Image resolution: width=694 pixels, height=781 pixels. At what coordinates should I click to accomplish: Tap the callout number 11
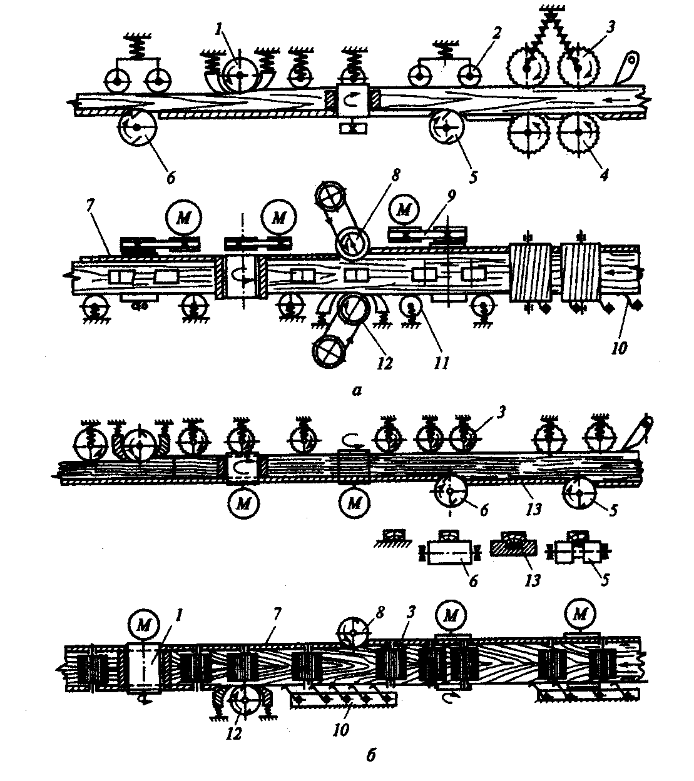tap(442, 363)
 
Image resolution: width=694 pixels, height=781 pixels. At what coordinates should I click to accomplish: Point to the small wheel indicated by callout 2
tap(471, 75)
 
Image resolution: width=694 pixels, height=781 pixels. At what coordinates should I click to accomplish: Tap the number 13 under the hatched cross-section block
tap(532, 582)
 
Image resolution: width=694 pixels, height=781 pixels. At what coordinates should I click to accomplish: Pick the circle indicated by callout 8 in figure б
tap(353, 633)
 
